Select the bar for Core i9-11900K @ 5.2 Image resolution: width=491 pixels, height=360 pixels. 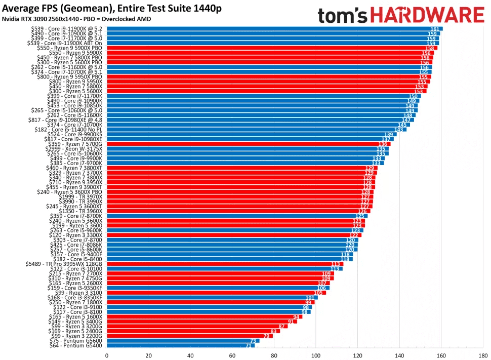click(x=273, y=29)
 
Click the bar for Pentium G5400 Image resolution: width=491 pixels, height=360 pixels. click(x=180, y=345)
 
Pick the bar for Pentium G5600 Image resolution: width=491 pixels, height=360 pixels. click(x=182, y=340)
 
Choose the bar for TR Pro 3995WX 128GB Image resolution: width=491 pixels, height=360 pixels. click(x=224, y=264)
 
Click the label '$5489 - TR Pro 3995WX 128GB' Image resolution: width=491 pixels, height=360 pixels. click(x=64, y=264)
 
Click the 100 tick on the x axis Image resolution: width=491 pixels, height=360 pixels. click(x=316, y=355)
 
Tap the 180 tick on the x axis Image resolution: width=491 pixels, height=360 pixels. click(x=483, y=355)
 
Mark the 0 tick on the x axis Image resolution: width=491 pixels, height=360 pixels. click(x=107, y=355)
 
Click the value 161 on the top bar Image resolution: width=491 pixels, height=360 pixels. click(x=434, y=29)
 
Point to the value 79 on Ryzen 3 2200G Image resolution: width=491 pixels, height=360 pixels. click(x=266, y=336)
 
